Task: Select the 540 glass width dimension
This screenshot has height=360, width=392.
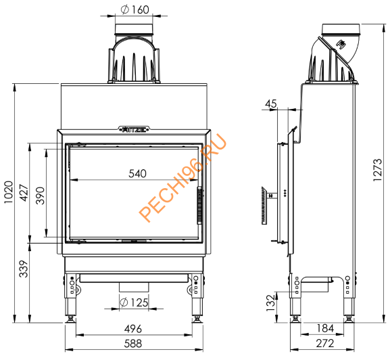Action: (137, 174)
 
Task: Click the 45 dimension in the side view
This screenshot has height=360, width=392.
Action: (272, 104)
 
